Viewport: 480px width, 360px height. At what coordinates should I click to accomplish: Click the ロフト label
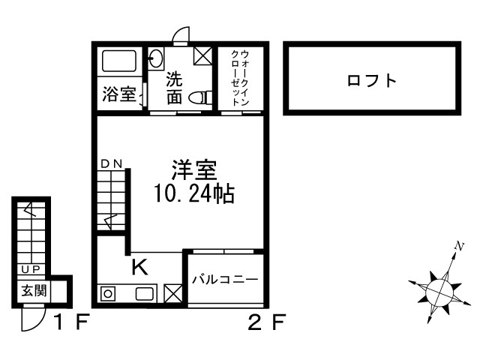click(x=371, y=80)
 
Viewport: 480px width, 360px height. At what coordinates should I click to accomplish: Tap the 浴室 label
click(x=118, y=94)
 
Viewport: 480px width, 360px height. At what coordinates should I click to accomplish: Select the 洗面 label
click(x=174, y=88)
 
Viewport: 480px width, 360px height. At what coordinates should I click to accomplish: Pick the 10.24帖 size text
click(x=194, y=195)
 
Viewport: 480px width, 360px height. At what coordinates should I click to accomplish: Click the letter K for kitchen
click(x=140, y=266)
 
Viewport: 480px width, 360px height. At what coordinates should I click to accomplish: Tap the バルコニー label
click(x=224, y=280)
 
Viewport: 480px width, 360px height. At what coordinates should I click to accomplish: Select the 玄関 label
click(x=34, y=290)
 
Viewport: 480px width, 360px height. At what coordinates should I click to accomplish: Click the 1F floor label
click(x=72, y=323)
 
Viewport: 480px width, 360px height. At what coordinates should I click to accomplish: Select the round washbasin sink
click(x=157, y=58)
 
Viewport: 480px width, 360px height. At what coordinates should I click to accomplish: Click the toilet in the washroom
click(x=199, y=97)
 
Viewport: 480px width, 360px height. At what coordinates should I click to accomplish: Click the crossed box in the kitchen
click(x=172, y=294)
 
